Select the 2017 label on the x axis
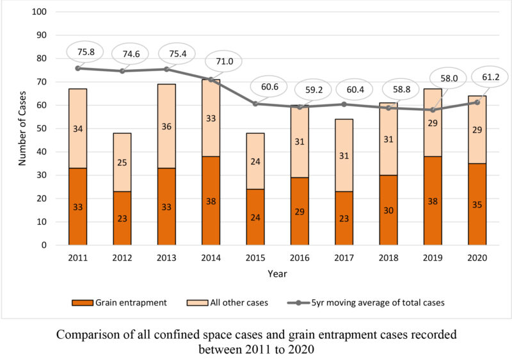click(344, 258)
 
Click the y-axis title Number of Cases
click(22, 128)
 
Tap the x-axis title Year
click(278, 274)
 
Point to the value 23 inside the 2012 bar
click(122, 218)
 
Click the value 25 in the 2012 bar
click(122, 163)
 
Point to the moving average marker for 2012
click(122, 71)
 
